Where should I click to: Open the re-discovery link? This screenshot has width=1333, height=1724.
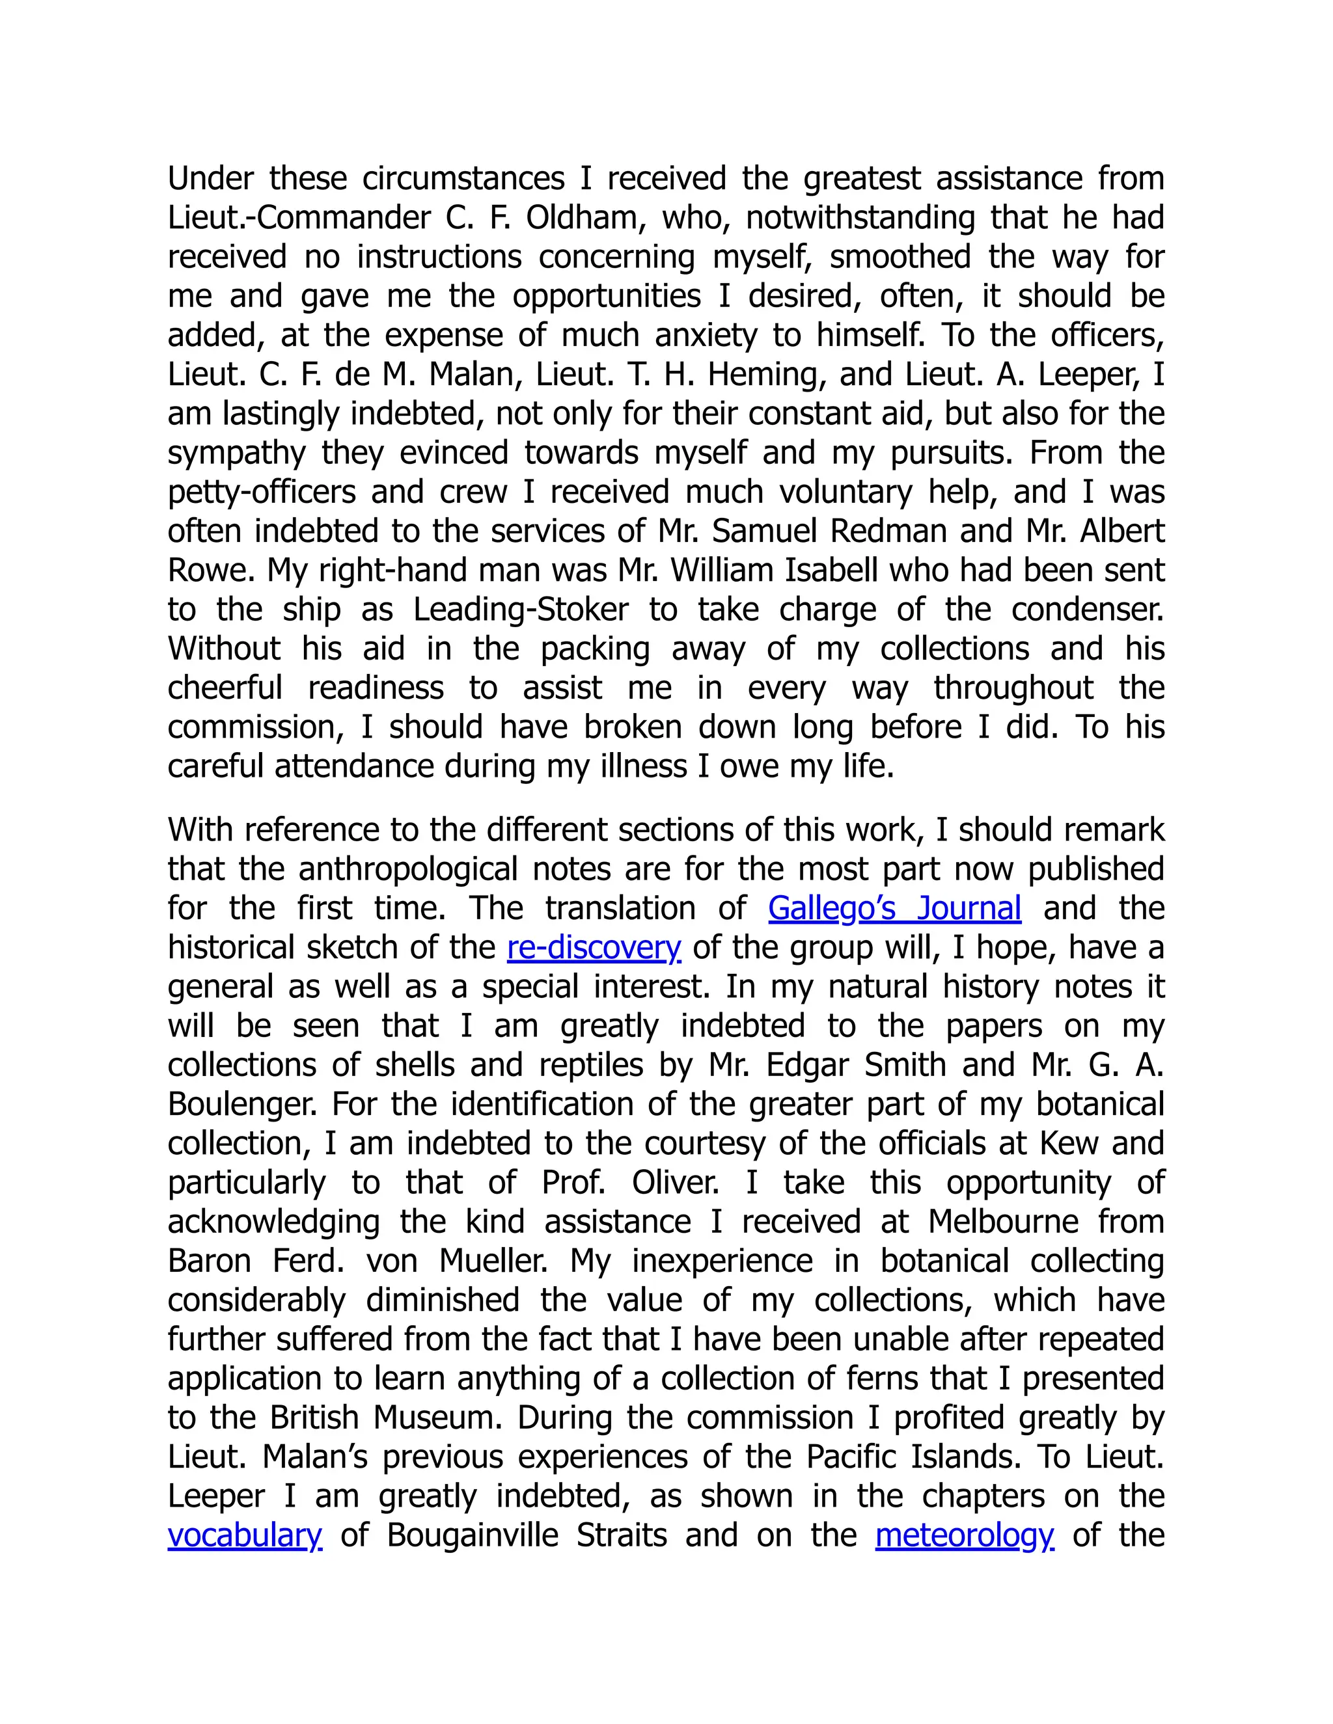click(x=594, y=947)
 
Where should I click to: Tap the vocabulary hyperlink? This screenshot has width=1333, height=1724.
click(x=245, y=1535)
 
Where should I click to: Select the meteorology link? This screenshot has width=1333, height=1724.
click(x=964, y=1535)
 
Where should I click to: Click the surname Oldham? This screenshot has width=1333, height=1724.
click(x=581, y=218)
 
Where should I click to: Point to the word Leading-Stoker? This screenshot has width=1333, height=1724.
click(x=521, y=610)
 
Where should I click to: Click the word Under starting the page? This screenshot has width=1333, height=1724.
click(x=210, y=178)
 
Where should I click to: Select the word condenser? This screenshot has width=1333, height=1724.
click(x=1088, y=610)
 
